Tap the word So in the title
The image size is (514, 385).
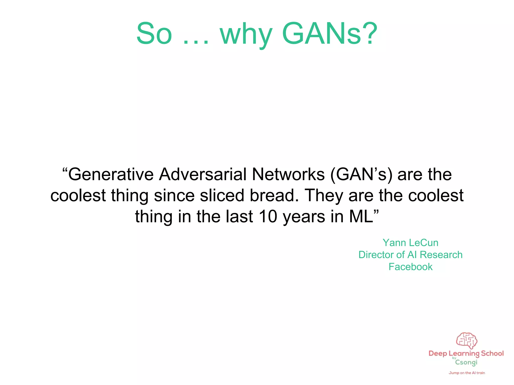154,34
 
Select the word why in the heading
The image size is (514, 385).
246,35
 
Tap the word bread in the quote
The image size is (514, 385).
274,196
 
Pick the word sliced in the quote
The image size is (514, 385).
222,196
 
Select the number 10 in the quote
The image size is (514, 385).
268,217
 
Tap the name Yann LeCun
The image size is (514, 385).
410,243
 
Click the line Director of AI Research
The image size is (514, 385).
410,255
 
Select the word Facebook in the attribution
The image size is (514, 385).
410,267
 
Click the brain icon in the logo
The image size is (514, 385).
466,340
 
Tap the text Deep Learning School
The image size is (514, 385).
466,354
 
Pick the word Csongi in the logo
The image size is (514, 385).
466,362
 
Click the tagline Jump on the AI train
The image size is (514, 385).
467,373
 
